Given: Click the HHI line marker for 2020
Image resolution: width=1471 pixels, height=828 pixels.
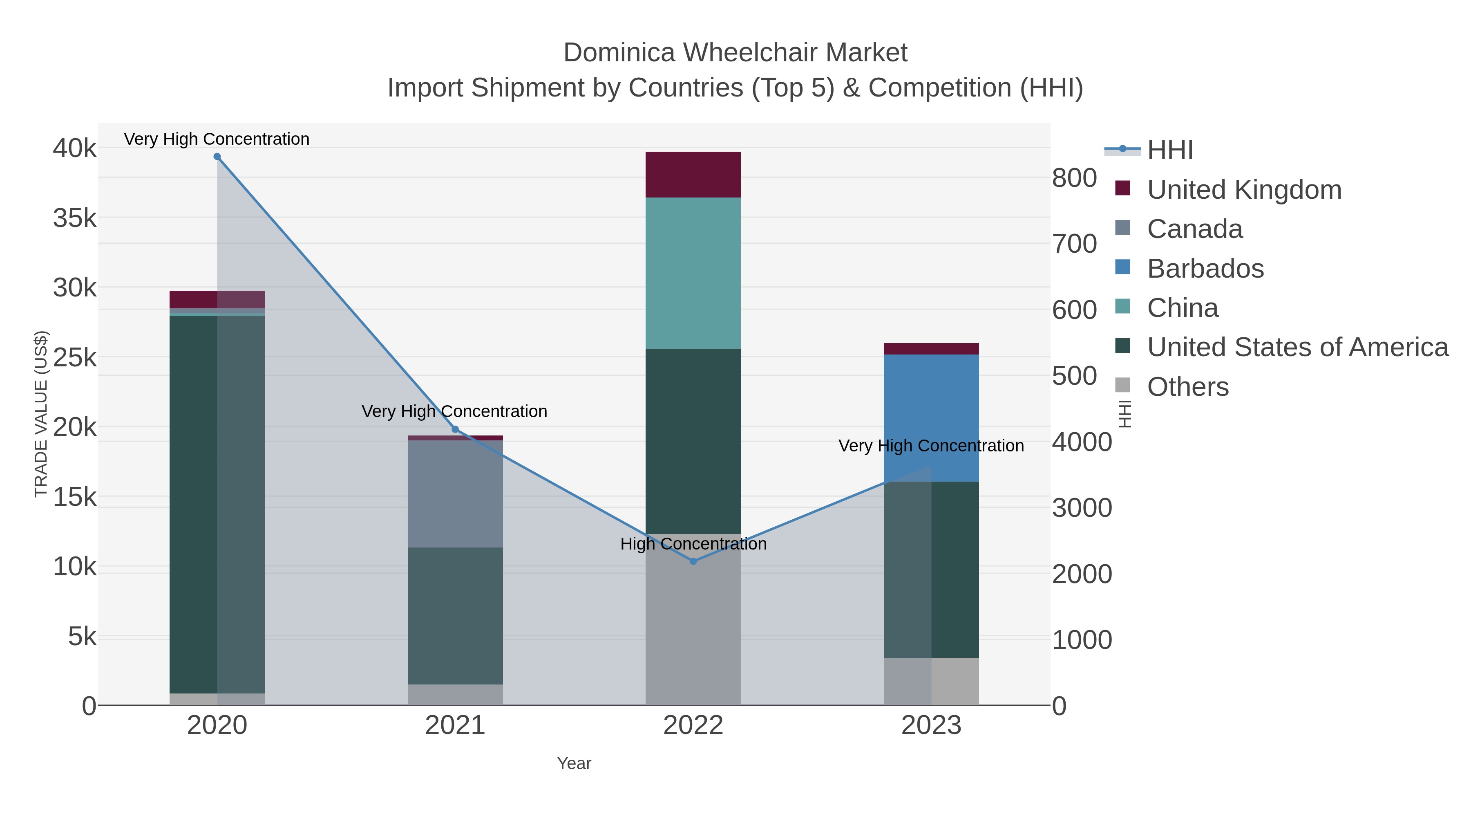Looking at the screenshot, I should pyautogui.click(x=217, y=157).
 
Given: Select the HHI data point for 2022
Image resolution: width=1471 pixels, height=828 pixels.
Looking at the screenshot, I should pyautogui.click(x=693, y=561).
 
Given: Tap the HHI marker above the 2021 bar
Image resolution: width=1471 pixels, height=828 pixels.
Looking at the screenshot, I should pyautogui.click(x=455, y=429).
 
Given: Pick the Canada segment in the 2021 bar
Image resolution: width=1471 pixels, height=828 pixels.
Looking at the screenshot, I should pyautogui.click(x=455, y=493).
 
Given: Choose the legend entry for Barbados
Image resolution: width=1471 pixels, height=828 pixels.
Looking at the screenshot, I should pyautogui.click(x=1205, y=269).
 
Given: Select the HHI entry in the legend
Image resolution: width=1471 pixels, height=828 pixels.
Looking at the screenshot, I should pyautogui.click(x=1169, y=150).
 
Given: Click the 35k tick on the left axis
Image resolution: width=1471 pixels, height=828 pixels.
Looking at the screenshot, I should pyautogui.click(x=75, y=218).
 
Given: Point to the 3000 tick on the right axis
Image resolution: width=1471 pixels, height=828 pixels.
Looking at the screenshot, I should pyautogui.click(x=1082, y=508).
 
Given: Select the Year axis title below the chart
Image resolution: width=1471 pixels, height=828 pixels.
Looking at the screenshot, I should pyautogui.click(x=574, y=763).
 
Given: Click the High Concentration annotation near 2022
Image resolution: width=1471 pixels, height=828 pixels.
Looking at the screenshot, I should pyautogui.click(x=693, y=544).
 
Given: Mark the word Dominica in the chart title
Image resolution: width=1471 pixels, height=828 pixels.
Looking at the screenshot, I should pyautogui.click(x=619, y=53).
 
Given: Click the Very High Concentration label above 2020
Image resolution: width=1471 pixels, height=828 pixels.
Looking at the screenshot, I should pyautogui.click(x=217, y=139).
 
